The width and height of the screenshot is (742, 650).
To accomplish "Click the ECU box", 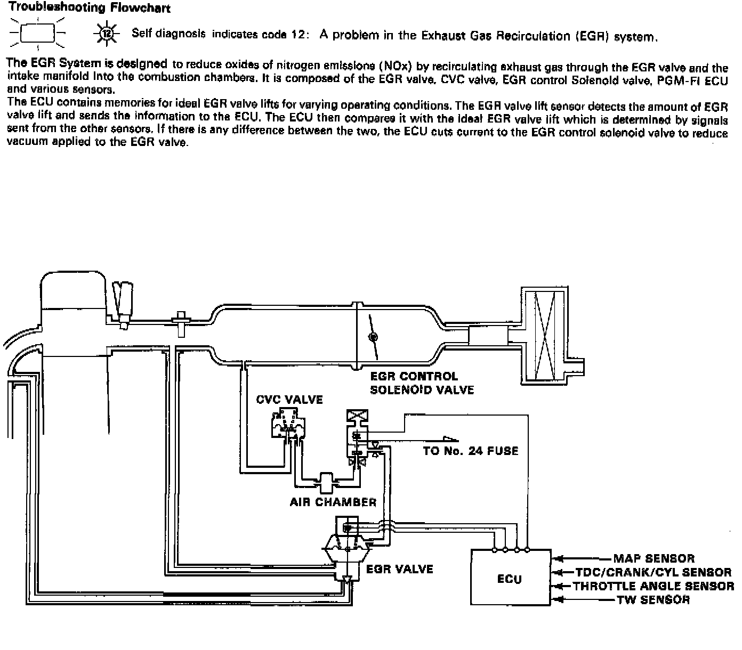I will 510,578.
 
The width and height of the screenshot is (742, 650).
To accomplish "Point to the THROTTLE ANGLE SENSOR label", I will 653,586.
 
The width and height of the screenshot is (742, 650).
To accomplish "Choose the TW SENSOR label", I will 653,600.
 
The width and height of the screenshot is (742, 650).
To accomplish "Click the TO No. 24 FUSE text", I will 470,451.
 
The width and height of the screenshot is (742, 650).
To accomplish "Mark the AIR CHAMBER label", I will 333,502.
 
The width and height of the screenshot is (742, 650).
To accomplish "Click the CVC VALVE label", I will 289,400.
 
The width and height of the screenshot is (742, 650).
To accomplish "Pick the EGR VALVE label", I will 400,569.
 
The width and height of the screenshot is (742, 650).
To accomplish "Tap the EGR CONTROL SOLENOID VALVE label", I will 422,383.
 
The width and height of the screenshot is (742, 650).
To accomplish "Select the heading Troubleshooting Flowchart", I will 89,7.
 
